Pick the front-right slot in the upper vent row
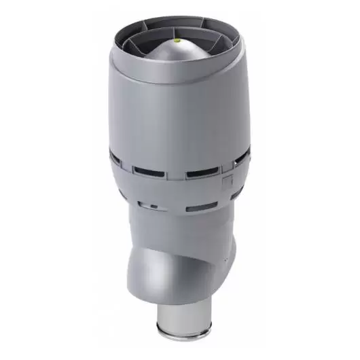(202, 172)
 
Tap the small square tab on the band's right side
(228, 181)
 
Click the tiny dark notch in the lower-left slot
(154, 206)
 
